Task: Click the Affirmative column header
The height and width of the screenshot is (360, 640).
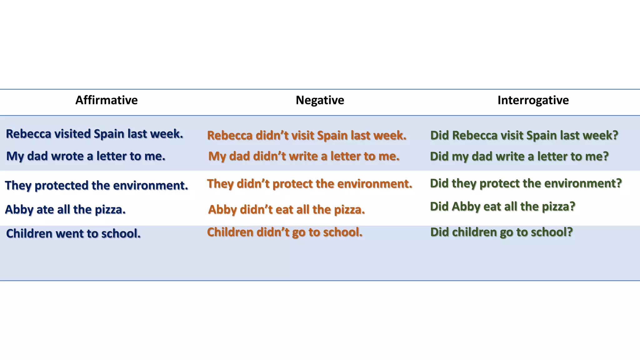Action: pos(106,100)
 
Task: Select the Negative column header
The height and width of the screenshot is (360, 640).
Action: pos(320,100)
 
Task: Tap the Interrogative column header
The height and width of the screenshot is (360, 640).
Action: pos(533,100)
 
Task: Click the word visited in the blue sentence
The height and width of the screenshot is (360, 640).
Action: pos(72,134)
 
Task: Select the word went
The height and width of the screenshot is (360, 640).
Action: pos(69,234)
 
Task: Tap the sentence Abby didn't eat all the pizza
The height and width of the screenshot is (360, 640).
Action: pos(286,210)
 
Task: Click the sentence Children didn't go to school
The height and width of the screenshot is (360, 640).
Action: pos(284,232)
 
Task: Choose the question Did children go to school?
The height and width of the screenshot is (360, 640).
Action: pos(501,232)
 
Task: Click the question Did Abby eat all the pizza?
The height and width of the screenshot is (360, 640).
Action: pos(502,207)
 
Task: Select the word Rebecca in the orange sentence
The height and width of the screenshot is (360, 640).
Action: pos(229,136)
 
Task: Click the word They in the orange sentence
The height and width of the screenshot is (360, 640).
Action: pos(220,184)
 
